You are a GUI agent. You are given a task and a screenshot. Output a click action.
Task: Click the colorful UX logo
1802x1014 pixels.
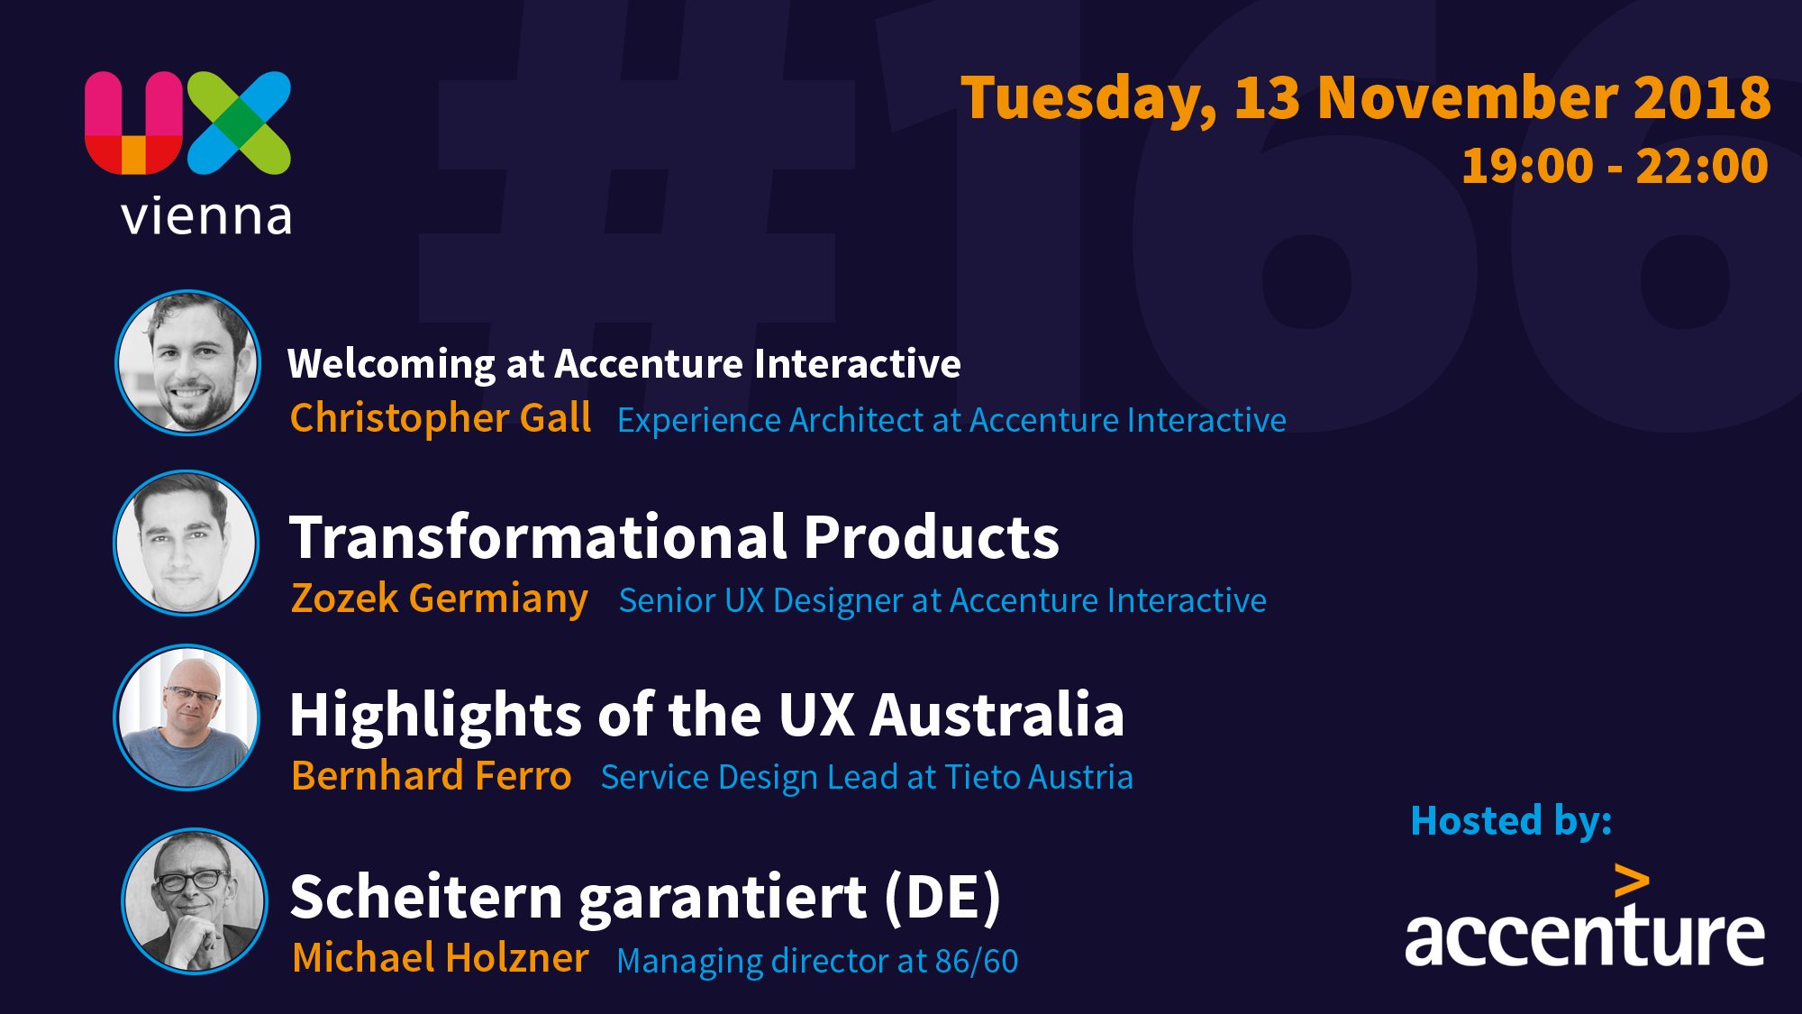pyautogui.click(x=187, y=123)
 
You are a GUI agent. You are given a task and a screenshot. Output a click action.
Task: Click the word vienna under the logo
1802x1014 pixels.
pyautogui.click(x=206, y=216)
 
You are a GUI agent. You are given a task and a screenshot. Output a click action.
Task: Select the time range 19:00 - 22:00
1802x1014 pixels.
pyautogui.click(x=1614, y=167)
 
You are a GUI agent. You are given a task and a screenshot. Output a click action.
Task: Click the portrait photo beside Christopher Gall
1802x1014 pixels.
pyautogui.click(x=187, y=362)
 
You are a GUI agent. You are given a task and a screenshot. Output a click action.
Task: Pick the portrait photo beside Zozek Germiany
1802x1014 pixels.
pyautogui.click(x=187, y=543)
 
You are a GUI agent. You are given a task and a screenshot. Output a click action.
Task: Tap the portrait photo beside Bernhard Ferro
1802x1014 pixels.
pyautogui.click(x=187, y=717)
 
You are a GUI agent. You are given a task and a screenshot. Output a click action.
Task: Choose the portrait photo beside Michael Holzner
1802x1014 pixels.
pyautogui.click(x=195, y=900)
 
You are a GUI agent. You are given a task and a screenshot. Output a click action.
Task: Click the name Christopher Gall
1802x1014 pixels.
pyautogui.click(x=440, y=419)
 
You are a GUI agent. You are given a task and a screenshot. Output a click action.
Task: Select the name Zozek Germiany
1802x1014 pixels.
pyautogui.click(x=439, y=599)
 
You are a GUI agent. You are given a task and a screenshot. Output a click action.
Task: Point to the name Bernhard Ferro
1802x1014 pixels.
pyautogui.click(x=431, y=776)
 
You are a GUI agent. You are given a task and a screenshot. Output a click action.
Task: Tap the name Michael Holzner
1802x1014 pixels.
pyautogui.click(x=440, y=957)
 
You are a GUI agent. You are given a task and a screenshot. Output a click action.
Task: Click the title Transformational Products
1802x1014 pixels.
pyautogui.click(x=674, y=537)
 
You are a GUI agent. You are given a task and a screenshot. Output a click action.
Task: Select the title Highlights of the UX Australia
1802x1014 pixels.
pyautogui.click(x=706, y=716)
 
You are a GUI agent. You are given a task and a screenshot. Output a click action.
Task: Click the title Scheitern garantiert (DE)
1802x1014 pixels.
pyautogui.click(x=645, y=898)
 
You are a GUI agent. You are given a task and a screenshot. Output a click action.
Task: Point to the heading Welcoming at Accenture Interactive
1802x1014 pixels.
pyautogui.click(x=623, y=365)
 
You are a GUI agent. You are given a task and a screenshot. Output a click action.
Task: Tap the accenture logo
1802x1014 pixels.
pyautogui.click(x=1585, y=916)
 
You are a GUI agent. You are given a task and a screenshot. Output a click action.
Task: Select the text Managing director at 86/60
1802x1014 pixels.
pyautogui.click(x=817, y=962)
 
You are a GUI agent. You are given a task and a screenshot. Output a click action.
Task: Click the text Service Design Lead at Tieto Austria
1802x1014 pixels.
pyautogui.click(x=867, y=778)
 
